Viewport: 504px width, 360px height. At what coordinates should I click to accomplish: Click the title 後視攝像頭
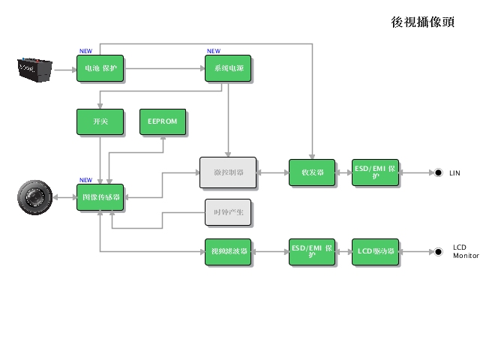(422, 22)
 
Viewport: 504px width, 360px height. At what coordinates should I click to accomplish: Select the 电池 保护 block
(100, 69)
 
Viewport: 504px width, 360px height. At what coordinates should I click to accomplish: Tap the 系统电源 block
(228, 69)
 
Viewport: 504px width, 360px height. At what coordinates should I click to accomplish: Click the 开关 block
(100, 121)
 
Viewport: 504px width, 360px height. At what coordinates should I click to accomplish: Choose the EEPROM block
(163, 121)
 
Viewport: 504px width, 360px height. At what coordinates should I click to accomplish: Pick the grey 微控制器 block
(228, 172)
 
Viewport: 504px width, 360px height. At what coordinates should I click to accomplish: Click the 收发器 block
(312, 172)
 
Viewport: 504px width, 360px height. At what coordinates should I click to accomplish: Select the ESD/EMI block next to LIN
(376, 172)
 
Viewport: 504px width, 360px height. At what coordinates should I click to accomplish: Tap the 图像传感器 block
(100, 197)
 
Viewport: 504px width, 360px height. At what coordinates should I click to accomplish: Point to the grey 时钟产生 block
(228, 213)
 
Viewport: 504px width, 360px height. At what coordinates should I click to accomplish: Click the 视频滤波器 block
(228, 252)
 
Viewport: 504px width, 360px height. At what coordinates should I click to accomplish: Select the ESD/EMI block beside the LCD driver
(312, 252)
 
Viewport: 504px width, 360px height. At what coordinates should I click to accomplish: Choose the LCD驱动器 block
(376, 252)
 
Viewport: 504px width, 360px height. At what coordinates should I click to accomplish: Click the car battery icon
(35, 69)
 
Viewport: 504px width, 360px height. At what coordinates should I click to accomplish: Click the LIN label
(454, 173)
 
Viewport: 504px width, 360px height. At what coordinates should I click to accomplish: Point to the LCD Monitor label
(465, 251)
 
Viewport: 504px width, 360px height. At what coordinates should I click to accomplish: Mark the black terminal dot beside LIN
(438, 172)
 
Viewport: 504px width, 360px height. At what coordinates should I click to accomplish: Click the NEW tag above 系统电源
(214, 52)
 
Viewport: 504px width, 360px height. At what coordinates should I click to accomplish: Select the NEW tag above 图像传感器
(85, 180)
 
